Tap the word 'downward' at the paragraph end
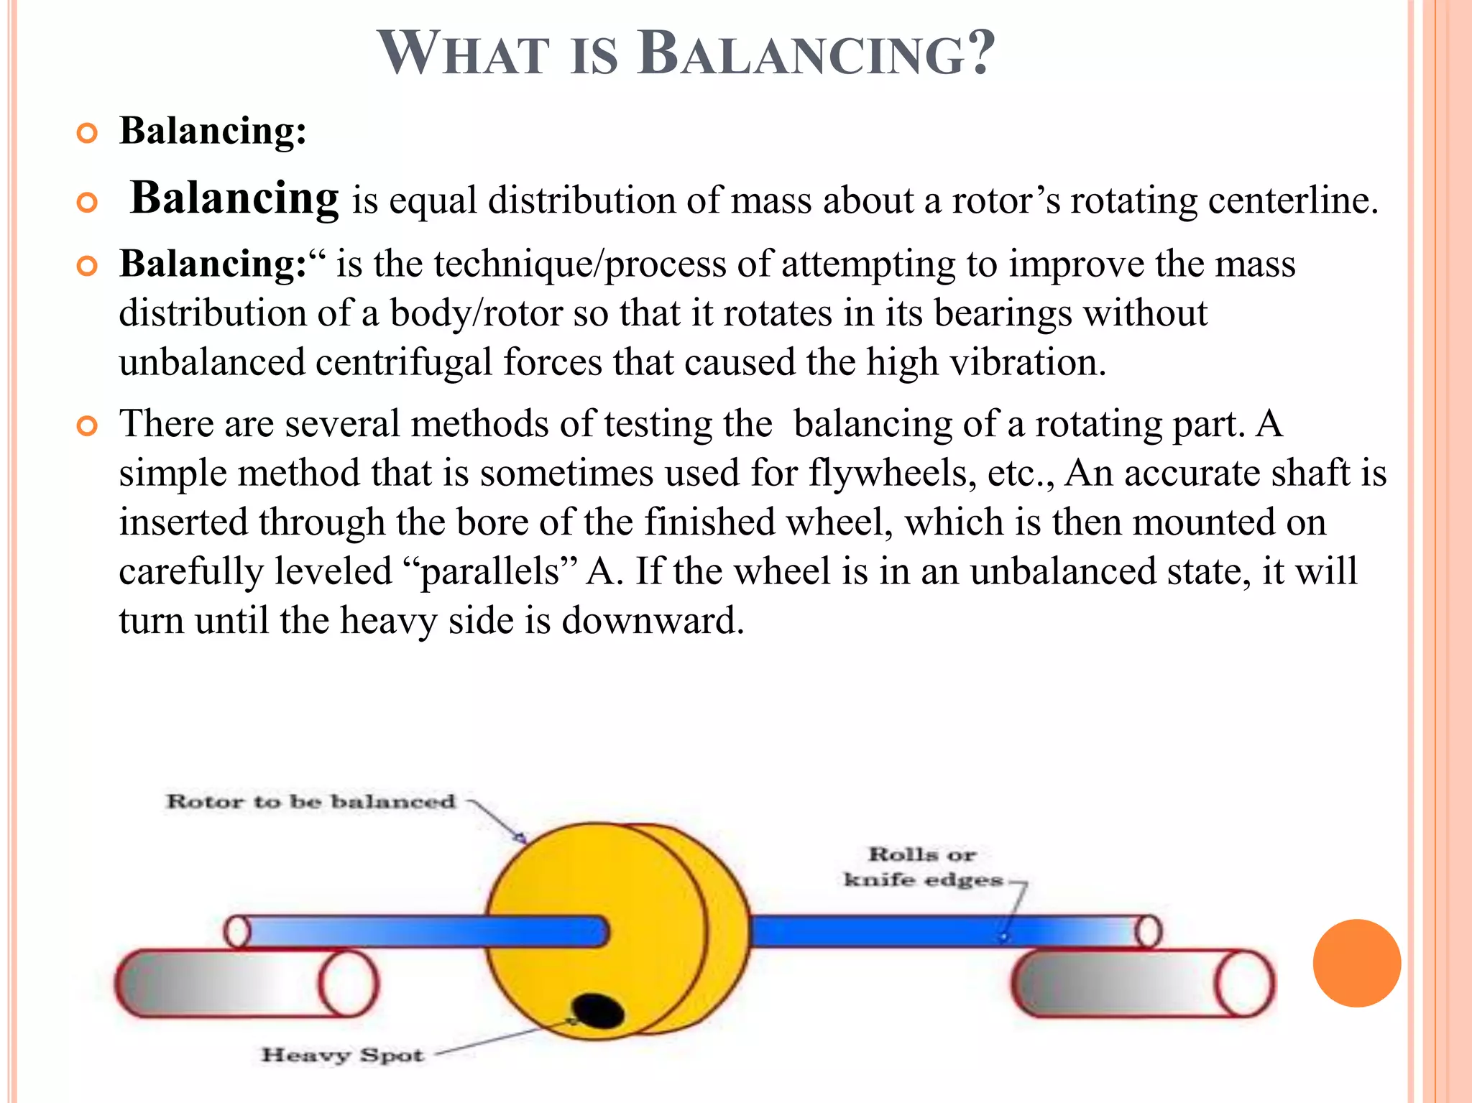[652, 620]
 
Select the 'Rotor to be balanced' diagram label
[310, 801]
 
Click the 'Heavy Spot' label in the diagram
[342, 1055]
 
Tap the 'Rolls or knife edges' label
[923, 867]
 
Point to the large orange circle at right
[1356, 963]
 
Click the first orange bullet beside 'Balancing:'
[87, 134]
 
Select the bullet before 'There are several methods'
[87, 427]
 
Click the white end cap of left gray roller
[348, 983]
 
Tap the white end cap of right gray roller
[1245, 983]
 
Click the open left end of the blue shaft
[237, 932]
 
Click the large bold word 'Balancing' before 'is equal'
[234, 198]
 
